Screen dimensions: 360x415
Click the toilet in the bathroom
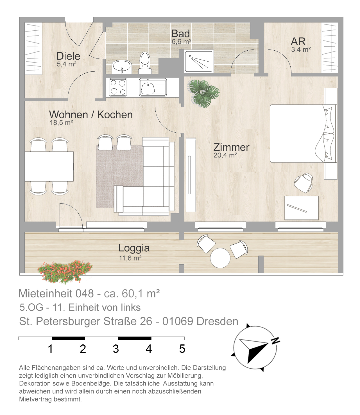[x=145, y=63]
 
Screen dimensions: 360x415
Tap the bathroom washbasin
[x=122, y=67]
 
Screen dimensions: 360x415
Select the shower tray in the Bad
[x=199, y=61]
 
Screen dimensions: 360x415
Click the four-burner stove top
[x=118, y=87]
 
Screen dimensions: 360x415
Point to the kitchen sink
[x=153, y=87]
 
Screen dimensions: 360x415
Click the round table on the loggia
[x=220, y=258]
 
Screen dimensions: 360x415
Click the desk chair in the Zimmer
[x=303, y=182]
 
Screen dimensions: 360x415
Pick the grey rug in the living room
[x=120, y=177]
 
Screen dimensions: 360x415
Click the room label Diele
[x=68, y=56]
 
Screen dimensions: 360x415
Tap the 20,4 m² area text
[x=225, y=155]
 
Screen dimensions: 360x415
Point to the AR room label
[x=298, y=41]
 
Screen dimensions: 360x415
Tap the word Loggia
[x=134, y=248]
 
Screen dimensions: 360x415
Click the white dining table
[x=49, y=166]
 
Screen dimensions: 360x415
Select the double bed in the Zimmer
[x=303, y=134]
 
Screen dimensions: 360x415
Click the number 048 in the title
[x=84, y=294]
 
